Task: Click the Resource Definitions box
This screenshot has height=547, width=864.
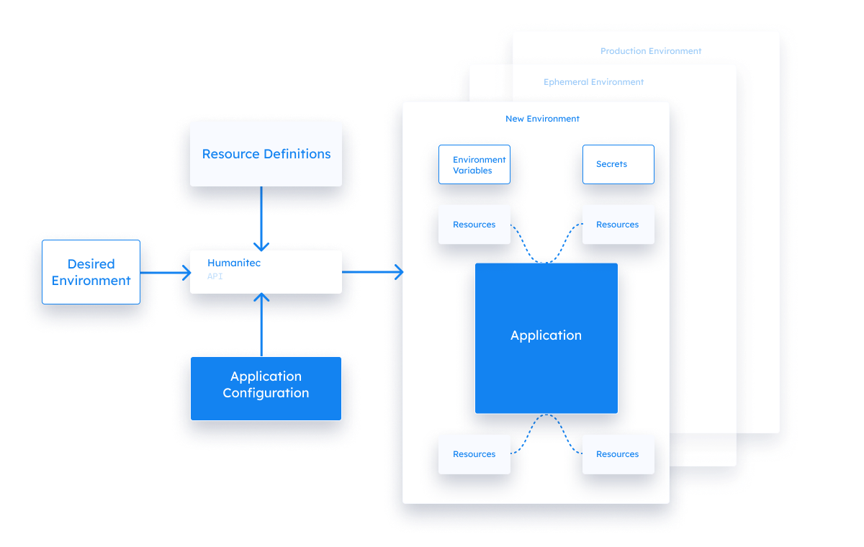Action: (x=266, y=154)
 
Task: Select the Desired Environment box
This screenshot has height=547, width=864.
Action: (x=91, y=272)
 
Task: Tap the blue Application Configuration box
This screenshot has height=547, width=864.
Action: (x=266, y=388)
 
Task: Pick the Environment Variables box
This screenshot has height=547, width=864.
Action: (x=474, y=165)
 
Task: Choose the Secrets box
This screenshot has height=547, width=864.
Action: (x=618, y=164)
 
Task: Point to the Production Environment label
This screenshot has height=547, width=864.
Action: (x=651, y=51)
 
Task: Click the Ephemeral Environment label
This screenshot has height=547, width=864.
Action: (x=593, y=82)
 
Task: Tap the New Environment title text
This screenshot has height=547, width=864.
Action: (x=542, y=119)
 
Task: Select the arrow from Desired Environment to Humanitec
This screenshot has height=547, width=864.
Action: (x=165, y=273)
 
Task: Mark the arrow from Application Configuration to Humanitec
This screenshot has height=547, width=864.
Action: (x=261, y=324)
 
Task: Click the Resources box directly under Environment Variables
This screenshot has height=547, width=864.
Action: (x=474, y=225)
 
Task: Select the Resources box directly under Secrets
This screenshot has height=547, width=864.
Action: (x=618, y=225)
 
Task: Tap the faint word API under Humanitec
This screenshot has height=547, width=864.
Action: (x=215, y=276)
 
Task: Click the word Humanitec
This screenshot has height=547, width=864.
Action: (x=234, y=263)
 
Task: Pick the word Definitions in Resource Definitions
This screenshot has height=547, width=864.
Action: (x=297, y=154)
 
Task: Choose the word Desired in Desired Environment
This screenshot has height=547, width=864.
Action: (x=91, y=264)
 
